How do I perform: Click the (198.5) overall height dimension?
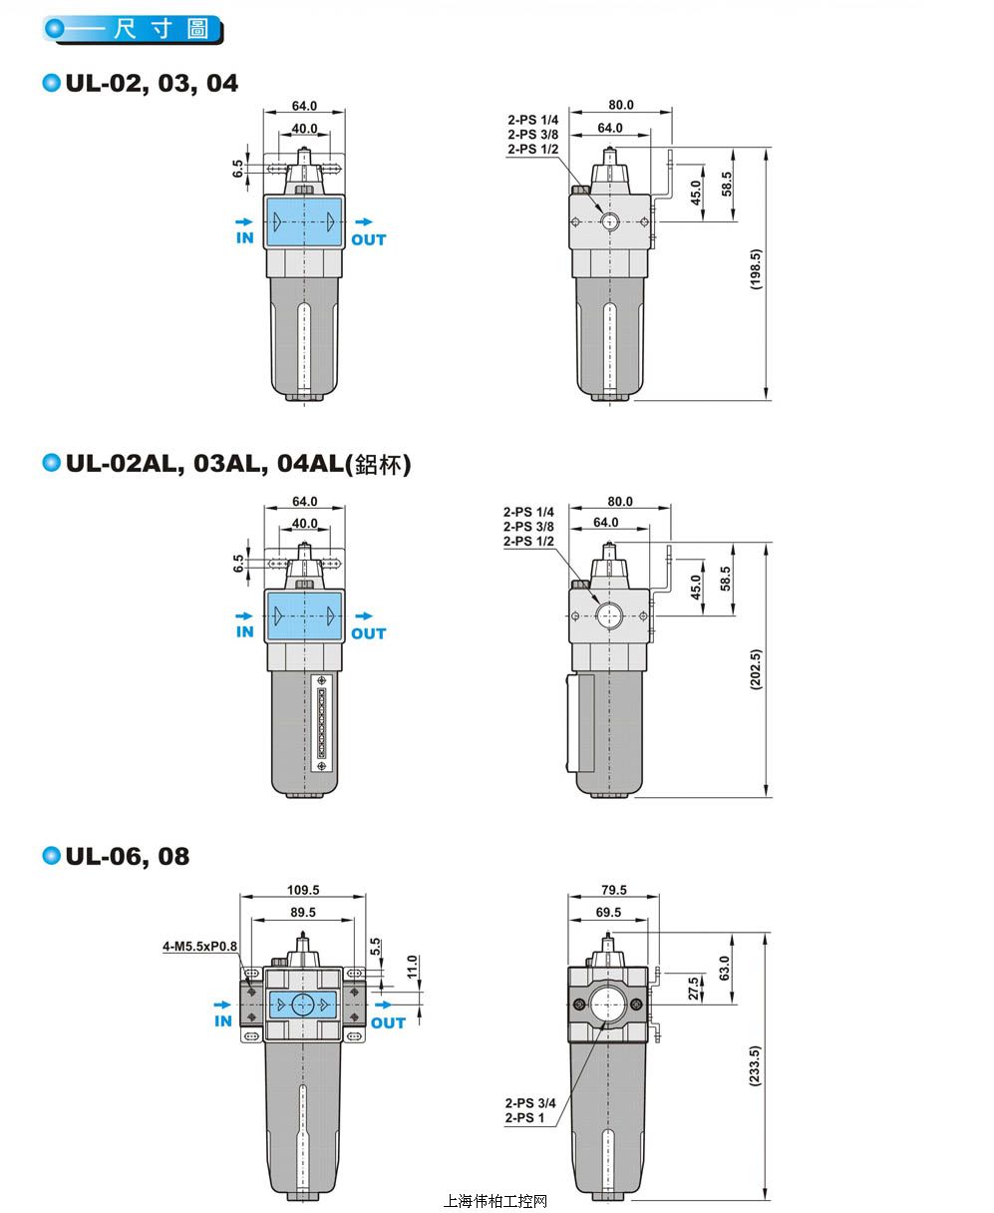click(756, 269)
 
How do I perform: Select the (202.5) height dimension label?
click(756, 669)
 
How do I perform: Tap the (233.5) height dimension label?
click(755, 1065)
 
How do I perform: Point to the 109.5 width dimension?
click(303, 890)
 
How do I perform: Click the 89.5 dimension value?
click(303, 912)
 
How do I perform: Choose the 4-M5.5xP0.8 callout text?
click(199, 946)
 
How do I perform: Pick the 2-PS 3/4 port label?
click(530, 1102)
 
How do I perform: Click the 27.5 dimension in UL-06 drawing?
click(694, 989)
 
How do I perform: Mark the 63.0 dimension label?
click(725, 969)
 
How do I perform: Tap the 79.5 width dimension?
click(614, 890)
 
